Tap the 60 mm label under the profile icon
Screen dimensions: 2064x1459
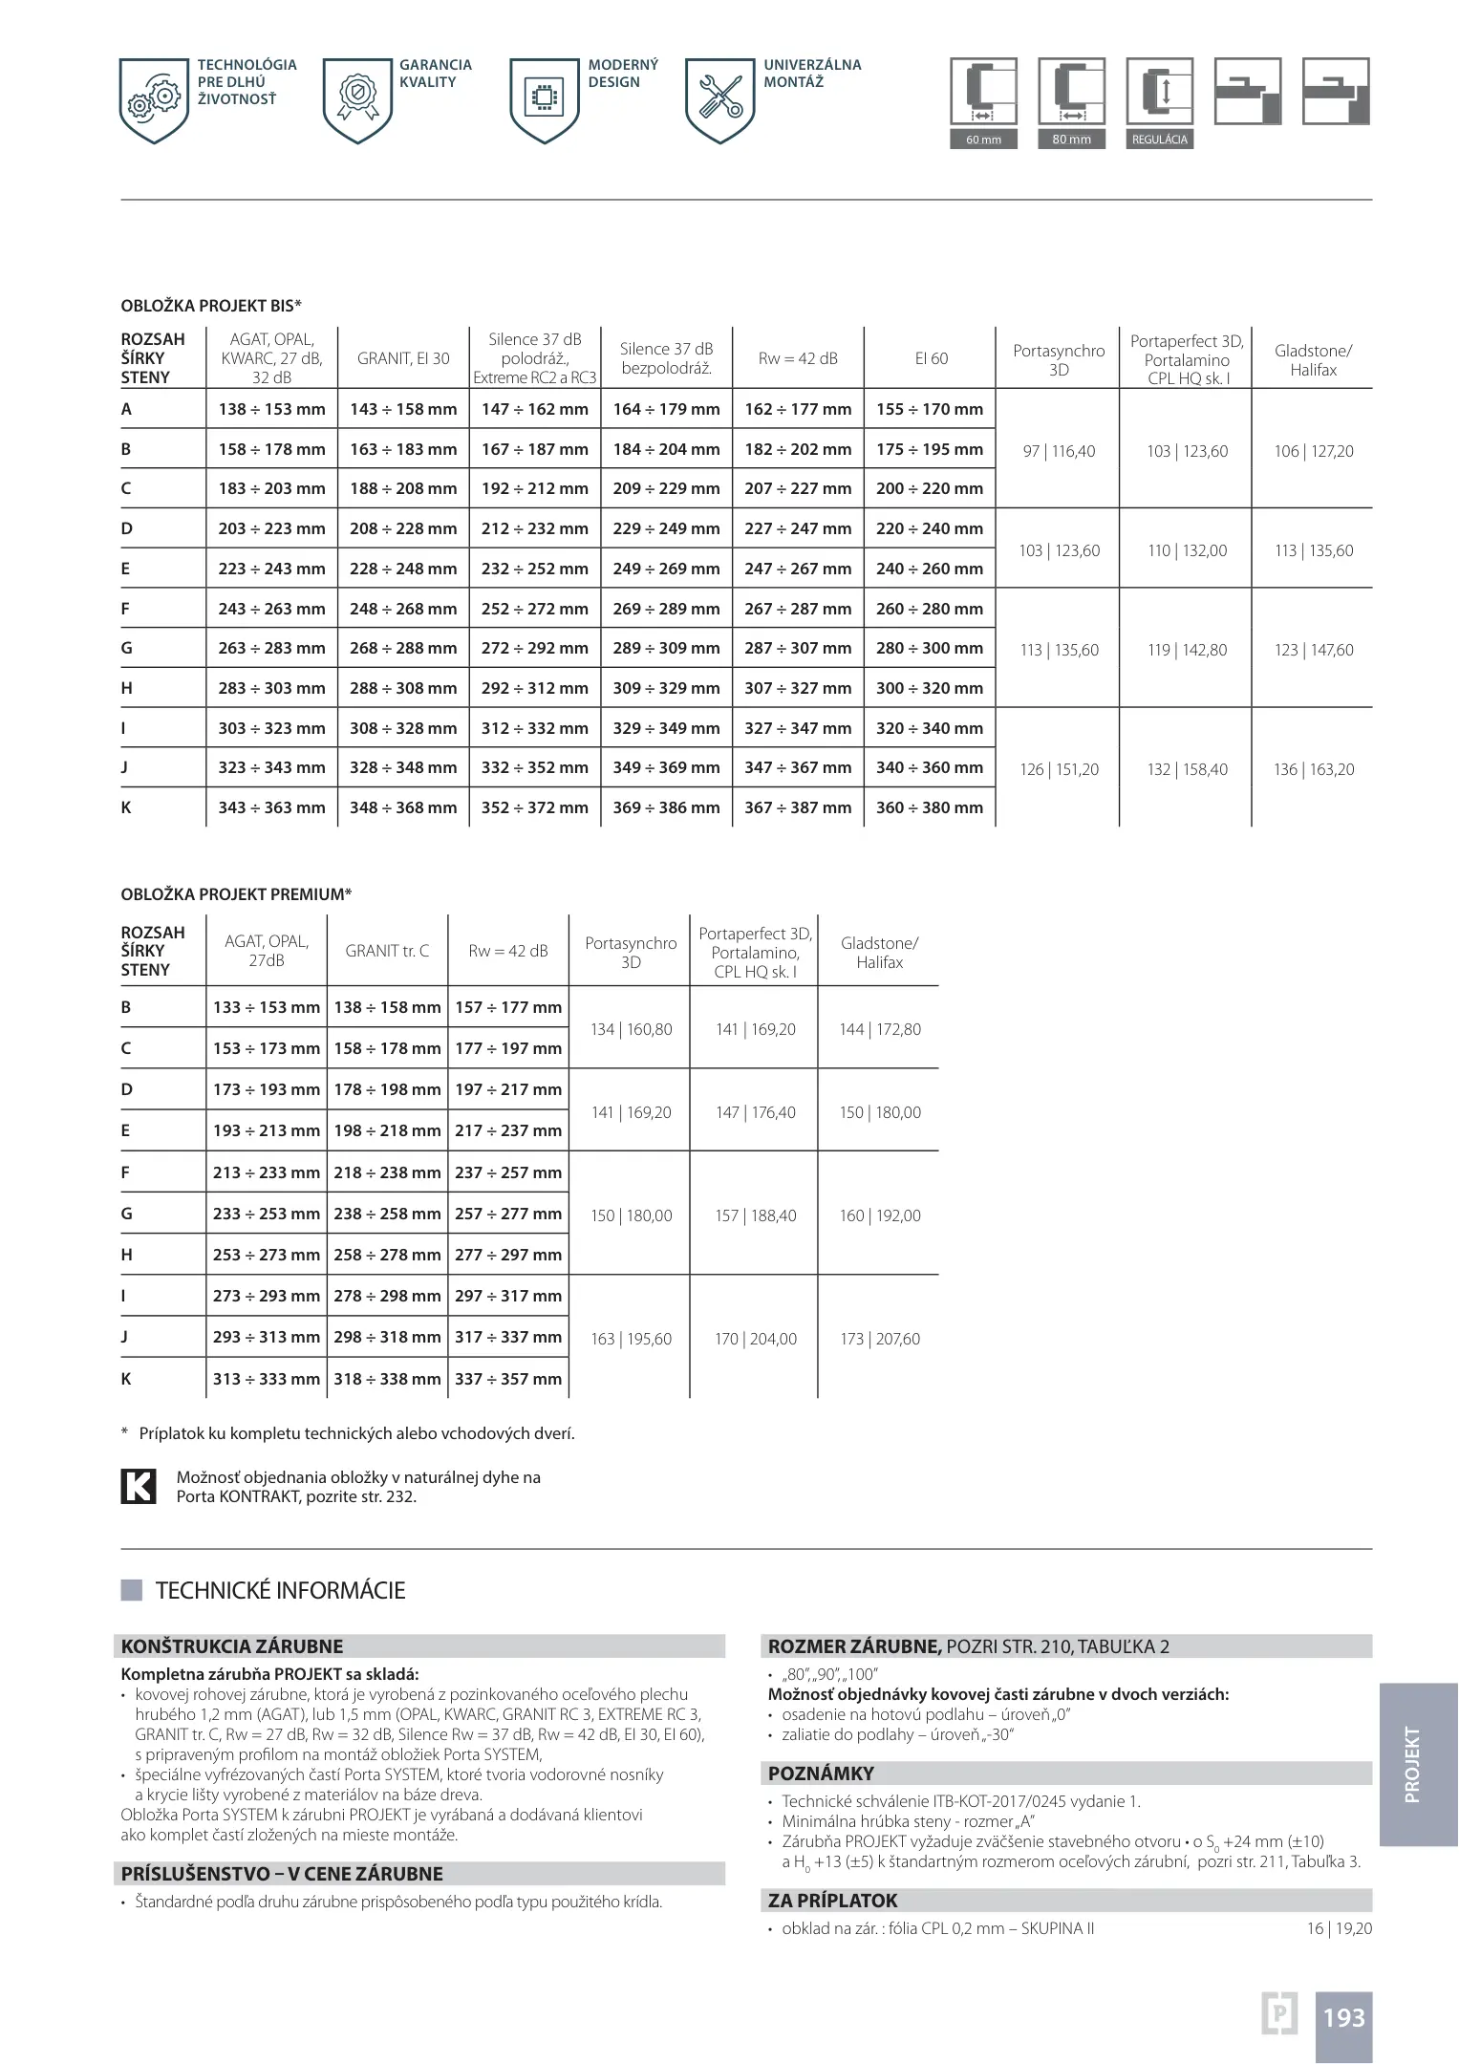click(983, 140)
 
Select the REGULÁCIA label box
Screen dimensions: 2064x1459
click(1159, 140)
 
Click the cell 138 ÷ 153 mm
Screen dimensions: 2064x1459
click(271, 409)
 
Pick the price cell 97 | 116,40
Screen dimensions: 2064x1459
click(1058, 451)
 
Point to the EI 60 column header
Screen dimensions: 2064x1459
click(931, 358)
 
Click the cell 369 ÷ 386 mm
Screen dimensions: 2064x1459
click(666, 807)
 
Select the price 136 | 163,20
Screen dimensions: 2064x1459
click(1313, 769)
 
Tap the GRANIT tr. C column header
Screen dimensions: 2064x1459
click(387, 951)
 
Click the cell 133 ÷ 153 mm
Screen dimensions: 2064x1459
click(266, 1007)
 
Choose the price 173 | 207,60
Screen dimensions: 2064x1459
click(879, 1339)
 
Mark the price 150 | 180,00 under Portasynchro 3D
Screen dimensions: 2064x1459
click(631, 1215)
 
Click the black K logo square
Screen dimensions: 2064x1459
click(138, 1486)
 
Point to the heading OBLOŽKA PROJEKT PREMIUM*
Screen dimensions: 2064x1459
click(236, 894)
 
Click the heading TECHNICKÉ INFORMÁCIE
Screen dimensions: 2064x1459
click(280, 1590)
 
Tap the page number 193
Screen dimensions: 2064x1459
click(1343, 2017)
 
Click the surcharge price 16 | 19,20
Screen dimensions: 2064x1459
click(1339, 1928)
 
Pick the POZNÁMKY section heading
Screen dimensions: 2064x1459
click(821, 1774)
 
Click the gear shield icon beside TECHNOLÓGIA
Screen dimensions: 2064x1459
click(154, 100)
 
